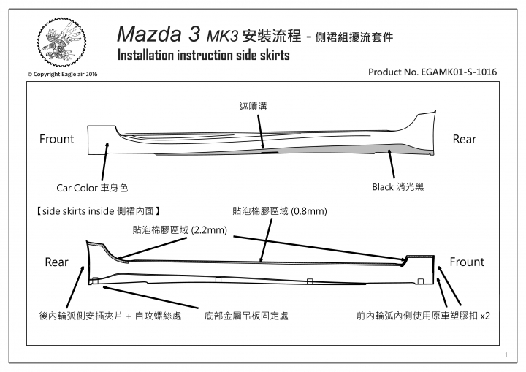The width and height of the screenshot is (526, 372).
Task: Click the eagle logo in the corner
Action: pos(61,42)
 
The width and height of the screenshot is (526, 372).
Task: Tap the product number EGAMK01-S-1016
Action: pos(432,72)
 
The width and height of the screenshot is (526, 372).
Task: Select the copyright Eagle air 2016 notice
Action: pos(62,75)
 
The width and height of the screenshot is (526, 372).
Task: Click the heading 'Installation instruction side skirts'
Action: pos(204,56)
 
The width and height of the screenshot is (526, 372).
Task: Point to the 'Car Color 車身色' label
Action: pos(92,188)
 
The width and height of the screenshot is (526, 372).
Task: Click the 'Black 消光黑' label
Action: pos(398,186)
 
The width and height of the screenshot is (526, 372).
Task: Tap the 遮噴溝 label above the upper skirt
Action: pos(253,107)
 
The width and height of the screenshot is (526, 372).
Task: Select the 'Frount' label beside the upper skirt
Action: pos(56,139)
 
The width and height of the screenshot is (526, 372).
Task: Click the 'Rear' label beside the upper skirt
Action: pos(465,139)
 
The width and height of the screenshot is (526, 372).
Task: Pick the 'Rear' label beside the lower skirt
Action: pos(56,262)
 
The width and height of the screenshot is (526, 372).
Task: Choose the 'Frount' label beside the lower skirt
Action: pos(467,262)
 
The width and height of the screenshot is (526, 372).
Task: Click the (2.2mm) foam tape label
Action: pos(180,230)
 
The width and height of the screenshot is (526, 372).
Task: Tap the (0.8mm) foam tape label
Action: pos(279,210)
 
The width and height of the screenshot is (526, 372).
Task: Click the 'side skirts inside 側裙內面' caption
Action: pos(99,210)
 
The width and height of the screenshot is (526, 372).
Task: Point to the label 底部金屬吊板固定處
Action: pos(246,316)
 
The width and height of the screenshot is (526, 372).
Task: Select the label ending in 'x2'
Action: pos(423,316)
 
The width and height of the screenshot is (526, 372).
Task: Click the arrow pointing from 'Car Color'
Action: pos(105,162)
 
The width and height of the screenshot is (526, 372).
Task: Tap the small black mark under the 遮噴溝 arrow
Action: pos(270,153)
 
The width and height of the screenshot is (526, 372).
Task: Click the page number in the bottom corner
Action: pos(506,355)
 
